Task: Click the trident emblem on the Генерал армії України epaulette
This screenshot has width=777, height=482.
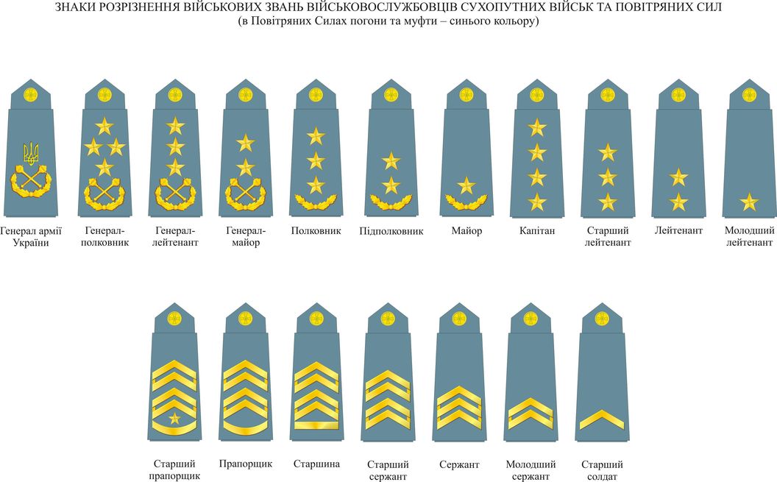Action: (31, 153)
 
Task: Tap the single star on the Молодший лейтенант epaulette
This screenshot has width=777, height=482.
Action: (749, 201)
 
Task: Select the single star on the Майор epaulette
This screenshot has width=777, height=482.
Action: (466, 185)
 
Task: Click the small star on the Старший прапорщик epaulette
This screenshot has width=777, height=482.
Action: (174, 419)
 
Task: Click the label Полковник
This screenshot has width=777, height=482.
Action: (316, 231)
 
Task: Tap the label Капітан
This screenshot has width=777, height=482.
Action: (537, 231)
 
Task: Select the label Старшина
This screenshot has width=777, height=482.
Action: (316, 464)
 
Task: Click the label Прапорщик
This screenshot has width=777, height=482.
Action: (246, 464)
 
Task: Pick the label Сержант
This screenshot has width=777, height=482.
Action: (459, 465)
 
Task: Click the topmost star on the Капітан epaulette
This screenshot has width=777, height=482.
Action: (537, 128)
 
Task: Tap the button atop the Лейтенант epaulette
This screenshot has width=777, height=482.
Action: (678, 95)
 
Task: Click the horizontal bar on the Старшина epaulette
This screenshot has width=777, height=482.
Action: (316, 425)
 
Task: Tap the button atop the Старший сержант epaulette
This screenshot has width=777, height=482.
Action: (387, 319)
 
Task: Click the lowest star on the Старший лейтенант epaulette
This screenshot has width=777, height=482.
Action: (607, 202)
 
